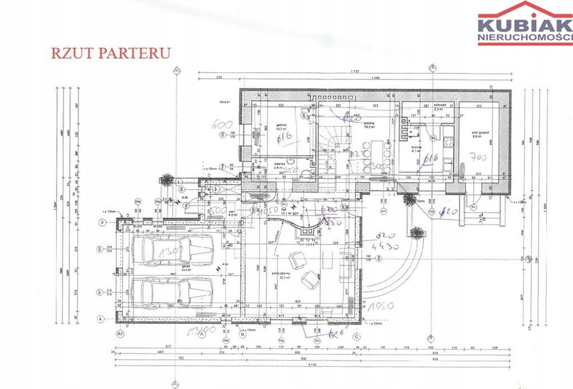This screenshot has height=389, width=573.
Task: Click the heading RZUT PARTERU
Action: tap(110, 53)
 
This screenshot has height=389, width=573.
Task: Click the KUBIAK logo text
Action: tap(524, 26)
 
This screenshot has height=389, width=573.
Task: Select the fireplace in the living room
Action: tap(306, 230)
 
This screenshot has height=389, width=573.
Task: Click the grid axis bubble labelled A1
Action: tap(119, 334)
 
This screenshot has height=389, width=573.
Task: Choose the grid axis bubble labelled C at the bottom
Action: tap(356, 336)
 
